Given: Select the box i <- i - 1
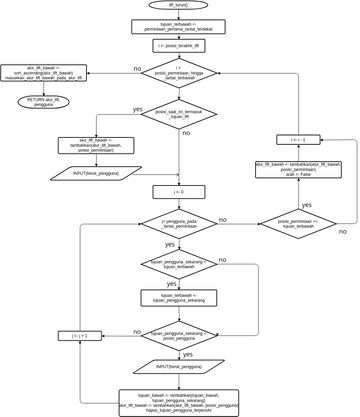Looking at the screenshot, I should click(x=297, y=140).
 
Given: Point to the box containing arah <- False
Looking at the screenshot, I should click(x=297, y=169).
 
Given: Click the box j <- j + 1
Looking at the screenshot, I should click(x=79, y=337).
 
